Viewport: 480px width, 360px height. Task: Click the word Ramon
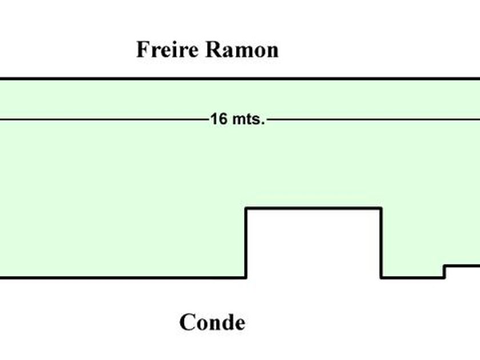point(242,50)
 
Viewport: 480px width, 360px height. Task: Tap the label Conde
point(212,322)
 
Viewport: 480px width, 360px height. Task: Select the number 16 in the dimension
point(218,119)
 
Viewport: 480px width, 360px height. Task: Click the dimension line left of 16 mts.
point(103,119)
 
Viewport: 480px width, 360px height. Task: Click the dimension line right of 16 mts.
point(371,119)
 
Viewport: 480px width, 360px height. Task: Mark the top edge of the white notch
point(313,209)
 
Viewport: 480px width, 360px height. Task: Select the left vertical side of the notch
point(246,243)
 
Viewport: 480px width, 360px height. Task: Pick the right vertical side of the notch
point(381,243)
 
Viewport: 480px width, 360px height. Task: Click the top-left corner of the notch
point(246,209)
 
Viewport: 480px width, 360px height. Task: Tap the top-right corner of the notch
point(381,209)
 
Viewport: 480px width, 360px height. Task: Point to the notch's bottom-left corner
point(246,278)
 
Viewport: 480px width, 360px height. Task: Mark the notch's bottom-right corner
point(381,278)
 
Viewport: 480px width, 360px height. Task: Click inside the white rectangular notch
point(313,246)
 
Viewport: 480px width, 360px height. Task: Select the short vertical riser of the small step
point(445,272)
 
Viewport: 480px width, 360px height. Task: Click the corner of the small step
point(445,266)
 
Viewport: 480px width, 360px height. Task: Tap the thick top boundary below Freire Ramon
point(240,79)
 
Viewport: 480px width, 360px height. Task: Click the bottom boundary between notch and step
point(413,278)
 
